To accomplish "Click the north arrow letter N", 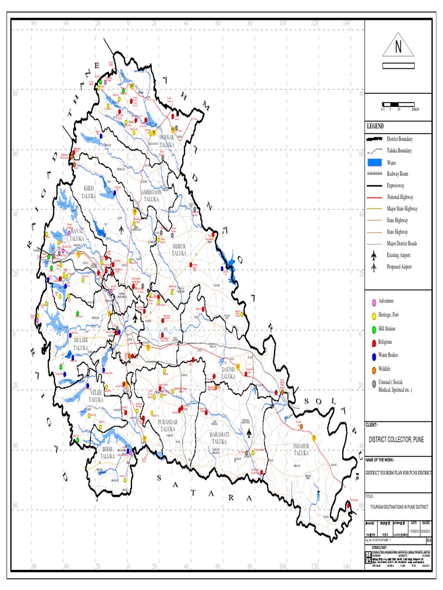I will coord(397,48).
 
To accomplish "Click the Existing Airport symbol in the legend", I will coord(374,255).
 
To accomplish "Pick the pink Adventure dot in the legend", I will coord(374,302).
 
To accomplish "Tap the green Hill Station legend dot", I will coord(374,328).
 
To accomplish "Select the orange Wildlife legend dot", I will coord(374,369).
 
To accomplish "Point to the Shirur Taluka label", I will coord(179,249).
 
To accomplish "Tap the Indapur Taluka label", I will coord(305,449).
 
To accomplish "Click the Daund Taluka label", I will coord(228,372).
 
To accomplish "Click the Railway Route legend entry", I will coord(397,174).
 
